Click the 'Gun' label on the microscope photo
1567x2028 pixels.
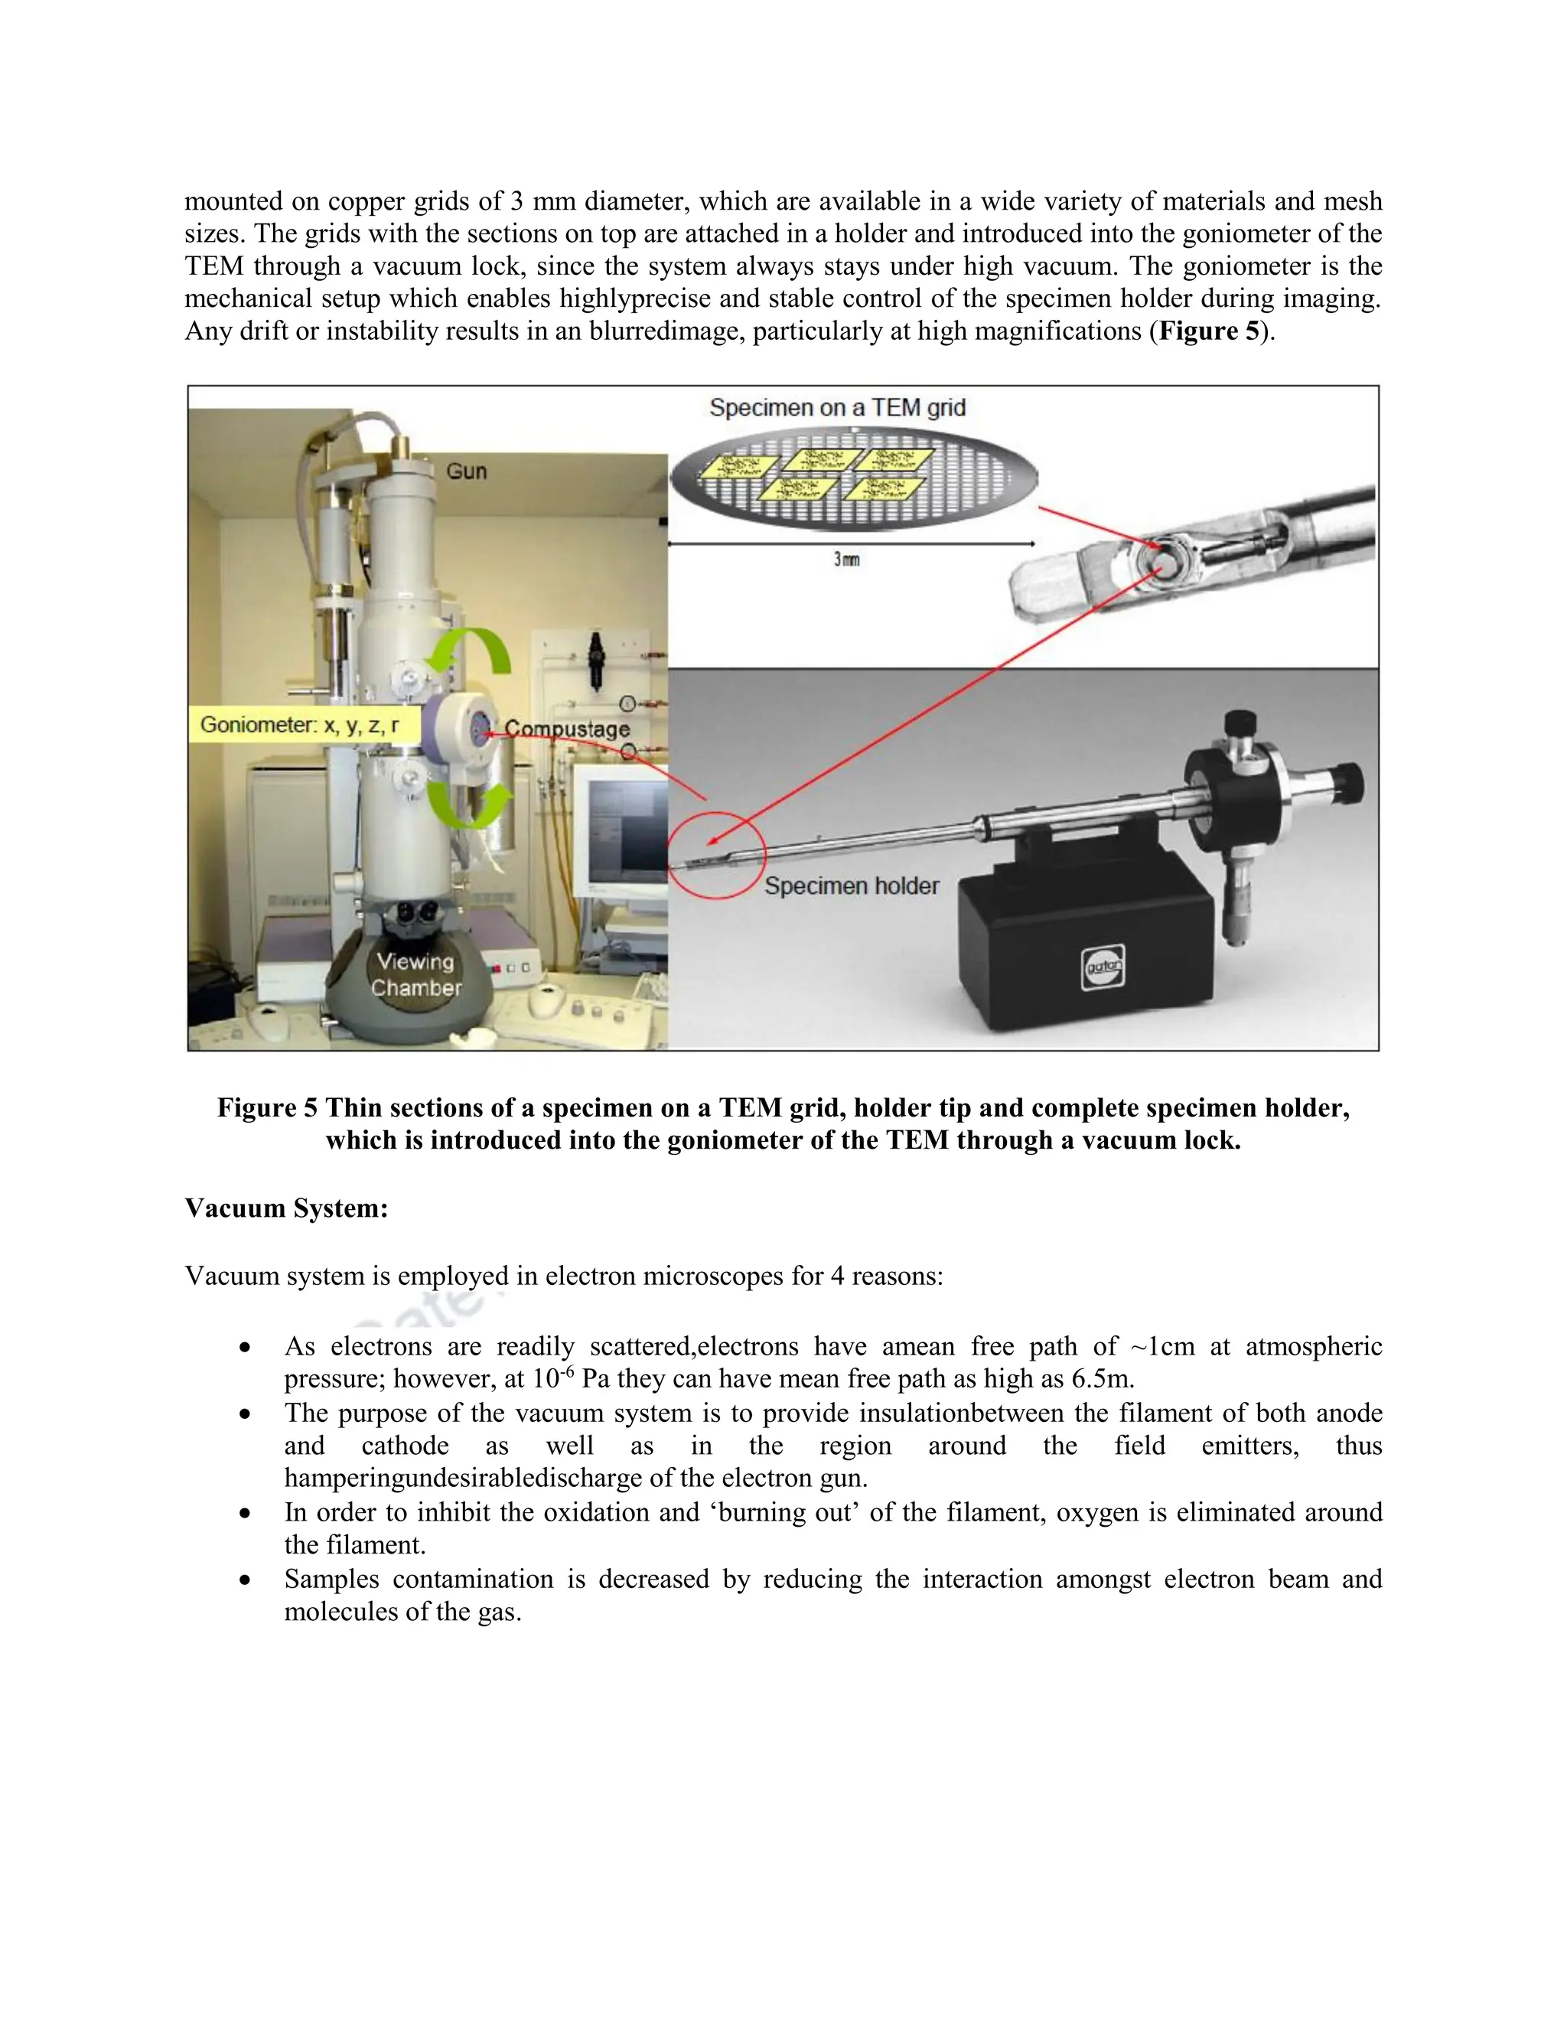[x=466, y=471]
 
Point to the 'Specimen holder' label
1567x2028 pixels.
[x=852, y=886]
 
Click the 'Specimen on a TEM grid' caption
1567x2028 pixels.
[x=837, y=408]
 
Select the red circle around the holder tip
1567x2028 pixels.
[x=717, y=854]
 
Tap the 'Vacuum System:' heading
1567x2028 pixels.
[x=286, y=1208]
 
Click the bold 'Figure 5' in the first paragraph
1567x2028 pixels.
[x=1210, y=331]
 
